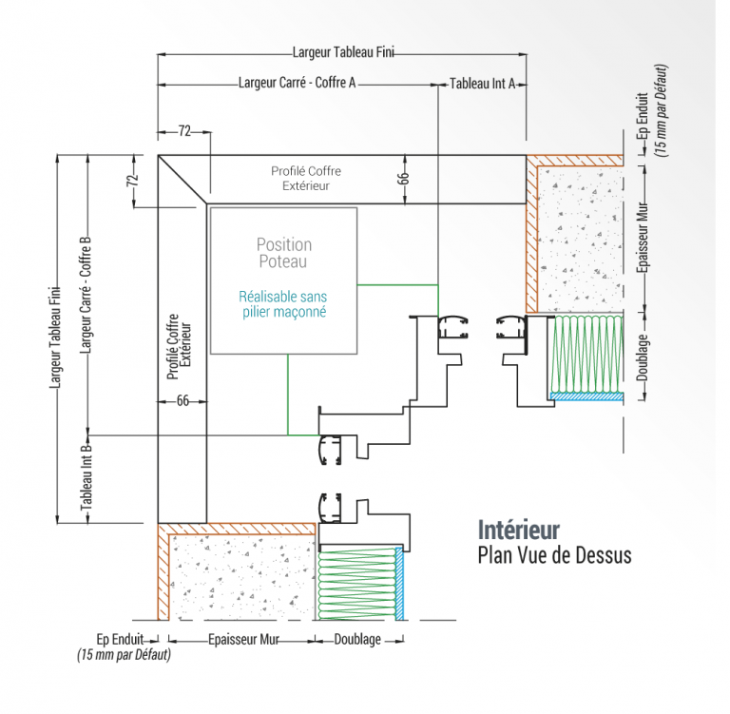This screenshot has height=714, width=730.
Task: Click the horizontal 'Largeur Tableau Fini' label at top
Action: [344, 53]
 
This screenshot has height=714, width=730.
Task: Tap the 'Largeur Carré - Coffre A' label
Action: [297, 84]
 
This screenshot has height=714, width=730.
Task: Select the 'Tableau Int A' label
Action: [482, 84]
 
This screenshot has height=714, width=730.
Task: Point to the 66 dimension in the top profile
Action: [403, 178]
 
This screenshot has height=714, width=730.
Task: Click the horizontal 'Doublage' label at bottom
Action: [357, 640]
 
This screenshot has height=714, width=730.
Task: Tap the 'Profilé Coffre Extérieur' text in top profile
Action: [305, 178]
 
